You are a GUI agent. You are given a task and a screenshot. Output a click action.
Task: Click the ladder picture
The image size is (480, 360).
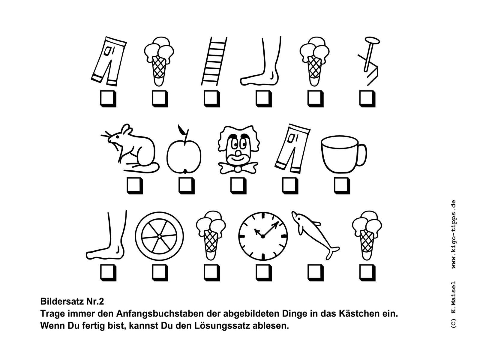214,61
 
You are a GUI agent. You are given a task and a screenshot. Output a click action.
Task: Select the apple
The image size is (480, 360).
184,153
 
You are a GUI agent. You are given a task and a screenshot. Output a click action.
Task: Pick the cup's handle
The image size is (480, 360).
362,155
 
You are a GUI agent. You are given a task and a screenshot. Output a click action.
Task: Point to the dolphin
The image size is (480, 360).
315,235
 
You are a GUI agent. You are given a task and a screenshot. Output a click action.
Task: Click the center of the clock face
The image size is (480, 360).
263,236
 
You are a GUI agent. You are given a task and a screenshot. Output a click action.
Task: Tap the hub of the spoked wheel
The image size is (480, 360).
159,236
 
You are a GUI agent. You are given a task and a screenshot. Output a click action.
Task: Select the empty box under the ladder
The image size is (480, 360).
212,99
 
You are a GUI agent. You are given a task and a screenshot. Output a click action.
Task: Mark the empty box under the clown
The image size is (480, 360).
238,186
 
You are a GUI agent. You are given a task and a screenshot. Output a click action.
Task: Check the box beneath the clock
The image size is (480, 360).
264,273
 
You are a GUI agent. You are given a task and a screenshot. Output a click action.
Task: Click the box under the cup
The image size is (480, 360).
342,186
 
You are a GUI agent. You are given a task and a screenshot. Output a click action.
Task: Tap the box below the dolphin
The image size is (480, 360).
316,273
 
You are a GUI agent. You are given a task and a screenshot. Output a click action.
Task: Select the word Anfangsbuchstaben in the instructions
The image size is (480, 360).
161,314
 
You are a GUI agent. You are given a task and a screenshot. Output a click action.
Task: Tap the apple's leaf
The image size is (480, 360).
181,130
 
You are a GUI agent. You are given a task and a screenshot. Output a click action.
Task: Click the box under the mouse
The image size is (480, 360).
135,186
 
